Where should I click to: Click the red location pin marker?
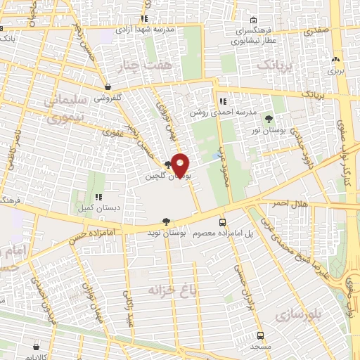click(x=181, y=165)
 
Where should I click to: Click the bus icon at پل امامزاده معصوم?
click(x=223, y=221)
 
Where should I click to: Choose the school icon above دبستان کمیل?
click(x=99, y=198)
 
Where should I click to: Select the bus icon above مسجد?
click(x=260, y=335)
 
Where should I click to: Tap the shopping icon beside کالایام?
click(x=35, y=346)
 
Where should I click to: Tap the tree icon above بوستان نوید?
click(x=166, y=221)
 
